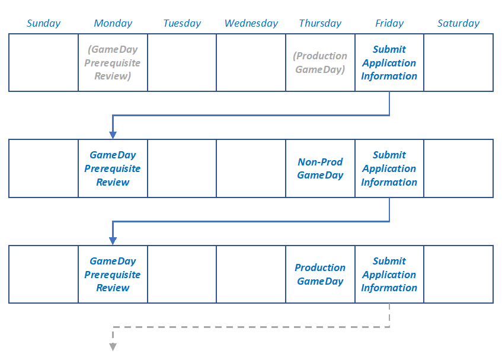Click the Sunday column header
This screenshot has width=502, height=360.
point(44,23)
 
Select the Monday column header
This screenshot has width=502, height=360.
point(113,23)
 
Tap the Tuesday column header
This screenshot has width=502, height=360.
point(182,23)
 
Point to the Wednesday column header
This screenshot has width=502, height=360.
point(251,23)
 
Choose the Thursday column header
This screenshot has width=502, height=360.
point(320,23)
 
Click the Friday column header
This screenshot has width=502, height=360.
point(389,23)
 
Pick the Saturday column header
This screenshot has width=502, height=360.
point(458,23)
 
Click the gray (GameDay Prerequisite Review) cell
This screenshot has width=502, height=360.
point(113,63)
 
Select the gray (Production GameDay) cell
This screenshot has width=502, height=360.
point(320,63)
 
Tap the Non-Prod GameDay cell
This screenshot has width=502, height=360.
point(320,168)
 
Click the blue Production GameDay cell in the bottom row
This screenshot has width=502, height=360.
point(320,275)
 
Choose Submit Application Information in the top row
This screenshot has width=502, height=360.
point(389,63)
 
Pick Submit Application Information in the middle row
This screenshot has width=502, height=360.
point(389,168)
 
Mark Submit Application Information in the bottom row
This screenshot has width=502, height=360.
point(389,275)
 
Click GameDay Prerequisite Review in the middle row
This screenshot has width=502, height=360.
point(113,168)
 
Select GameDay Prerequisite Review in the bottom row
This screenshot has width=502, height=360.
point(113,275)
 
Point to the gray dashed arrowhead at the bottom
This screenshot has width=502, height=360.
point(113,346)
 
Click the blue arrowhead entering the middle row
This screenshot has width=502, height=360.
point(113,135)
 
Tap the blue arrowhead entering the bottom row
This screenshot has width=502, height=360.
point(113,240)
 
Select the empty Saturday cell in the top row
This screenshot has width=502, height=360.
point(458,63)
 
